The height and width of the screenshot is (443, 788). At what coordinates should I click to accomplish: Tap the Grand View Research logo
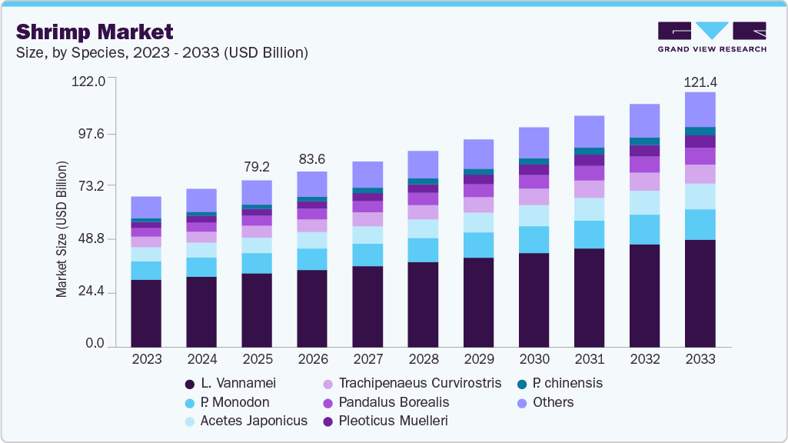(x=711, y=36)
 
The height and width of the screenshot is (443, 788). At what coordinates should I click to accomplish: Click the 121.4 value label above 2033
(x=700, y=82)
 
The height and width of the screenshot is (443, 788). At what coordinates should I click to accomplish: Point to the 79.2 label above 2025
(x=257, y=167)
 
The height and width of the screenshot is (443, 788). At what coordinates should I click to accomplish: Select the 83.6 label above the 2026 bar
(x=312, y=159)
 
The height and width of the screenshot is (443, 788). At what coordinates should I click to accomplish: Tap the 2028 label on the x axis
(x=423, y=360)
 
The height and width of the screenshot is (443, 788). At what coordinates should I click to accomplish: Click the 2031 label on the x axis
(x=589, y=360)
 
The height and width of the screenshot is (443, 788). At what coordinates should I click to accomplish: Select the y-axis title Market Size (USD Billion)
(x=62, y=229)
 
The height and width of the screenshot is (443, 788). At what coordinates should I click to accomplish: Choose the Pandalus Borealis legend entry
(x=394, y=402)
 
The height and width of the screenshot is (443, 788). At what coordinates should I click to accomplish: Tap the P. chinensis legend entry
(x=567, y=383)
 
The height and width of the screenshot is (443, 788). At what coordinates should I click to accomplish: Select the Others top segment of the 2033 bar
(x=700, y=109)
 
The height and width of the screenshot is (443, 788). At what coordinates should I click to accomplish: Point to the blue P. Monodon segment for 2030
(x=534, y=239)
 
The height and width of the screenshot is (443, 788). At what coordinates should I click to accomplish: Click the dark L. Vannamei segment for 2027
(x=367, y=306)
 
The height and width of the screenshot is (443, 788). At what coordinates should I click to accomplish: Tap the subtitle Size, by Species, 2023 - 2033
(x=161, y=53)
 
